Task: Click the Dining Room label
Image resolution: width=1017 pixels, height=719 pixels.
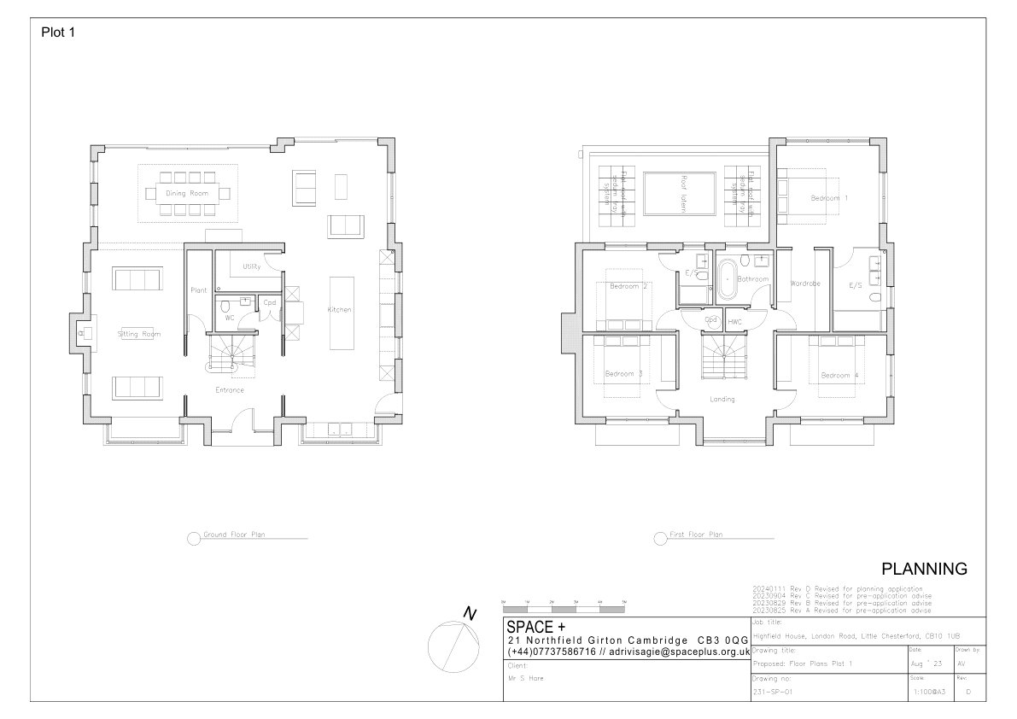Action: click(x=187, y=194)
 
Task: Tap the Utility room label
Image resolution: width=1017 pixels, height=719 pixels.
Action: click(x=251, y=266)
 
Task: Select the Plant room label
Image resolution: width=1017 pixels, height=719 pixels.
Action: click(x=198, y=290)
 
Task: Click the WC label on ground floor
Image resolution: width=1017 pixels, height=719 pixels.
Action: click(x=230, y=318)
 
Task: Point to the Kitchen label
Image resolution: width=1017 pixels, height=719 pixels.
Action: click(x=340, y=309)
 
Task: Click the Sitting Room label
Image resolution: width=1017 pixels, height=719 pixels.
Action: click(x=139, y=334)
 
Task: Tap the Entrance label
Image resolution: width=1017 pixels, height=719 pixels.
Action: click(x=229, y=390)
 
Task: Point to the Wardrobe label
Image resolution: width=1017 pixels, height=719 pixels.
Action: click(x=805, y=283)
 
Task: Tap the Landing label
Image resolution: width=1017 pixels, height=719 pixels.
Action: click(x=722, y=399)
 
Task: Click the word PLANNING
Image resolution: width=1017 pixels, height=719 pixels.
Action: click(x=923, y=569)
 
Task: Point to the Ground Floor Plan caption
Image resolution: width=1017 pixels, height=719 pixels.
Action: click(x=233, y=535)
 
